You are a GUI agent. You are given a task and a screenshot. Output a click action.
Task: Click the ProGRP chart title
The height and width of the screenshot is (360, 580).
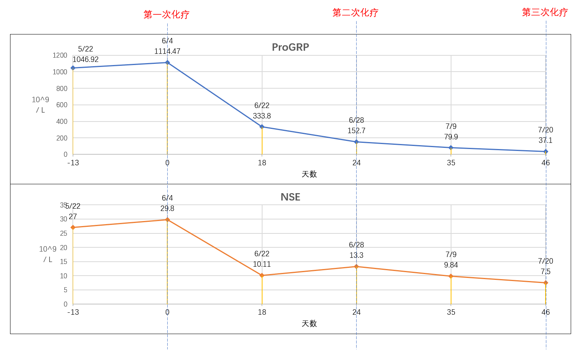[290, 47]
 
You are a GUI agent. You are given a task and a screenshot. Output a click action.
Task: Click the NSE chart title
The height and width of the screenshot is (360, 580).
[290, 197]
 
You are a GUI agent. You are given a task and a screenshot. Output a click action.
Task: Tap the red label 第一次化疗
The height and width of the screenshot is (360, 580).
[166, 15]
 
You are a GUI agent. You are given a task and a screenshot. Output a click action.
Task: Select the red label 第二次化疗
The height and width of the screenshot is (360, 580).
[355, 13]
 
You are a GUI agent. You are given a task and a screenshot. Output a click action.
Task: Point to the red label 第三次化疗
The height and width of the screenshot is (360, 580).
[545, 12]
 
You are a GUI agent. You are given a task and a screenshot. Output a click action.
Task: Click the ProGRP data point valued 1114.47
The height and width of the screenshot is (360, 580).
[167, 62]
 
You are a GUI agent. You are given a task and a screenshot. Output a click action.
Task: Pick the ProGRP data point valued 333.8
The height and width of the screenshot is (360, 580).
[262, 127]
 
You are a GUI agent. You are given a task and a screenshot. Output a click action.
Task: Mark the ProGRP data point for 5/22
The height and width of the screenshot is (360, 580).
[73, 68]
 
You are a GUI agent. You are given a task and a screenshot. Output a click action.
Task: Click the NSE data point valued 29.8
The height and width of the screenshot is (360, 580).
[167, 219]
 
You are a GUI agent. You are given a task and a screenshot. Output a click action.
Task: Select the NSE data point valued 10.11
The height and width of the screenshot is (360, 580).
[262, 275]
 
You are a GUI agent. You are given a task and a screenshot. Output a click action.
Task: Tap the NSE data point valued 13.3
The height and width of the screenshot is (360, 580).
[356, 266]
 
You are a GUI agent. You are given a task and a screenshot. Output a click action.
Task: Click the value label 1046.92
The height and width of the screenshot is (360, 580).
[86, 60]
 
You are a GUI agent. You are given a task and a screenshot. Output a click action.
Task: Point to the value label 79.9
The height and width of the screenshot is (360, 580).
[451, 137]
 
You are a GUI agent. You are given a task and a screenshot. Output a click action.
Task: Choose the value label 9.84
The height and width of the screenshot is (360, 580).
[451, 265]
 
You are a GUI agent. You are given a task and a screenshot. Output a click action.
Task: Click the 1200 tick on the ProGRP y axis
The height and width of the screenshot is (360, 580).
[60, 55]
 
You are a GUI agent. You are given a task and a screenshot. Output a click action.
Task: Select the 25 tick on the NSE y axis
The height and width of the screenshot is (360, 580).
[63, 233]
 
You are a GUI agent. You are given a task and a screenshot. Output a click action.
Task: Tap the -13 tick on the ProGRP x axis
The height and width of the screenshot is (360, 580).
[73, 163]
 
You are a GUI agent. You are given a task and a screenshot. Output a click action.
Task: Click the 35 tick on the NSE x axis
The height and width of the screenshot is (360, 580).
[451, 312]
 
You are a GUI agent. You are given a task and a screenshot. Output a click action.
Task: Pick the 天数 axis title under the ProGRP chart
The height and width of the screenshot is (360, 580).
[309, 174]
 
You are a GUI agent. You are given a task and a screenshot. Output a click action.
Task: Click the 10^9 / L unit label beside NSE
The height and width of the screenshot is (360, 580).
[48, 254]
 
